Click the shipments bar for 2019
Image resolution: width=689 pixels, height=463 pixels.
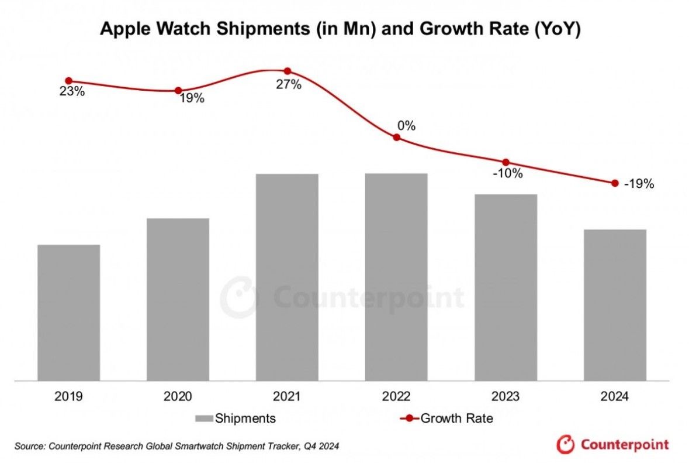point(68,313)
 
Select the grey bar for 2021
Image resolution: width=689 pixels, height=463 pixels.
point(287,277)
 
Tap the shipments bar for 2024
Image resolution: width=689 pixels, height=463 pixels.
point(615,305)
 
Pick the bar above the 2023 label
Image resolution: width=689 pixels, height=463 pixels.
point(506,287)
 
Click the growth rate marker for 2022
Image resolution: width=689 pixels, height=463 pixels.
point(396,137)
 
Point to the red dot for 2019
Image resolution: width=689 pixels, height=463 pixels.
point(68,81)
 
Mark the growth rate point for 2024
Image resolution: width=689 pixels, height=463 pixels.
point(615,183)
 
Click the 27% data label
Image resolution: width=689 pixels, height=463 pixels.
point(289,85)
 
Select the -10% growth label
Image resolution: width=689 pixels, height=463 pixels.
point(507,174)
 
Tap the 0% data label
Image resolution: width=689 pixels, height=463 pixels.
point(406,125)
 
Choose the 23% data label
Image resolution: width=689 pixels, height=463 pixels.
point(72,92)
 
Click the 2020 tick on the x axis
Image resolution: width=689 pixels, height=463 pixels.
point(178,397)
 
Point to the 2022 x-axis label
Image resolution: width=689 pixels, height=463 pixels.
point(396,397)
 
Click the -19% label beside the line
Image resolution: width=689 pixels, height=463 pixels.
point(639,184)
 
